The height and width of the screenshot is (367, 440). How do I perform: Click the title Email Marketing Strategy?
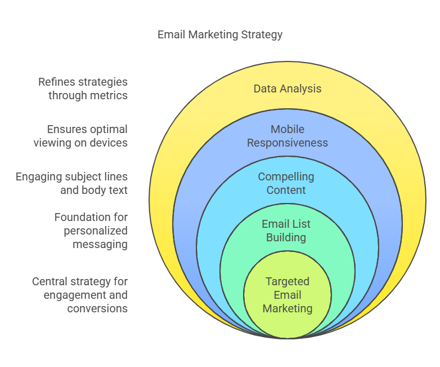click(x=219, y=35)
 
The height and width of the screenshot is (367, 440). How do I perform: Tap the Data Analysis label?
click(x=288, y=89)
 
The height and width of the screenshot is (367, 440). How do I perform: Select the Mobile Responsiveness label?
click(x=288, y=136)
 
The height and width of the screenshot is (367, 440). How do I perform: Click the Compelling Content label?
click(x=286, y=183)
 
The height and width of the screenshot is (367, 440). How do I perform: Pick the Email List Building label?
click(x=286, y=231)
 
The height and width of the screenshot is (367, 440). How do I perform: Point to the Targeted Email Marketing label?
click(x=288, y=295)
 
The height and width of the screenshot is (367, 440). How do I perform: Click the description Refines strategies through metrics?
click(x=83, y=89)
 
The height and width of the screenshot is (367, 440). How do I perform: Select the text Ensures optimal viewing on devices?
click(x=80, y=136)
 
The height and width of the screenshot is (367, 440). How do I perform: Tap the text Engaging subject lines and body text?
click(x=71, y=183)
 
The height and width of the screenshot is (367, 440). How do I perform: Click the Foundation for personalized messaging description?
click(x=91, y=231)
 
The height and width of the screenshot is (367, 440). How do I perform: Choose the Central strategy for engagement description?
click(x=80, y=295)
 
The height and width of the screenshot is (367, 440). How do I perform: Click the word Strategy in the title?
click(x=262, y=35)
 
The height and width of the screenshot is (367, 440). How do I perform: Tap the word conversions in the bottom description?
click(x=97, y=308)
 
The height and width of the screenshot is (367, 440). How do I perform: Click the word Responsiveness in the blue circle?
click(x=288, y=143)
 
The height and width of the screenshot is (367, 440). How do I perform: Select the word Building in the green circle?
click(x=286, y=237)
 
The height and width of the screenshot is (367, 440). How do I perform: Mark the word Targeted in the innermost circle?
click(x=288, y=281)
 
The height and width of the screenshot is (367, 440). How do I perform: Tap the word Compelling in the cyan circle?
click(x=286, y=176)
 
